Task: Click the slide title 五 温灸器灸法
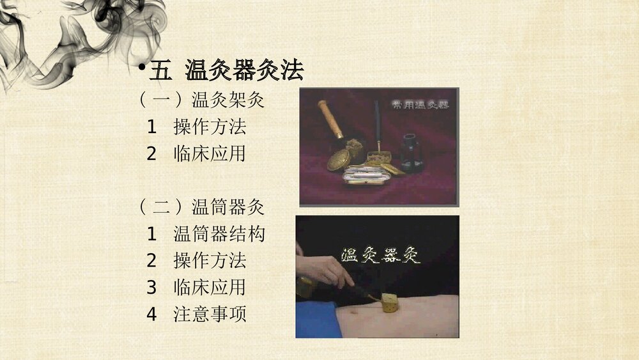click(x=226, y=71)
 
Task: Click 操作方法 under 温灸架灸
click(x=210, y=127)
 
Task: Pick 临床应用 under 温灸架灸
click(x=210, y=153)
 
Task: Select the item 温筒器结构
click(x=219, y=234)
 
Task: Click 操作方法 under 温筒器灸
click(x=210, y=261)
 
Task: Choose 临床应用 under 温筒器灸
click(x=210, y=287)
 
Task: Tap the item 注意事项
click(x=210, y=314)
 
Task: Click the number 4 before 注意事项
click(x=151, y=314)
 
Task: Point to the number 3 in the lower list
click(x=151, y=287)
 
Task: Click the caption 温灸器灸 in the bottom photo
click(x=381, y=255)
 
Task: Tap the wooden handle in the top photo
click(x=331, y=120)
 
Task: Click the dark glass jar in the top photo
click(x=412, y=154)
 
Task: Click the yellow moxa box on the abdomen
click(x=389, y=303)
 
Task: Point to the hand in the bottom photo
click(x=326, y=272)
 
